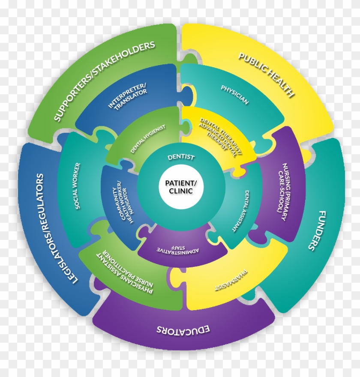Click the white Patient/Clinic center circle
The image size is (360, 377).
pos(181,187)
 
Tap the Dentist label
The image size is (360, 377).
pos(181,157)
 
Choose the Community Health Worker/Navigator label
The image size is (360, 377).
pos(122,202)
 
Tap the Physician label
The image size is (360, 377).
pos(234,95)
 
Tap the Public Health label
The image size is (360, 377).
pos(266,75)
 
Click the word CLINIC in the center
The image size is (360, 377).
pos(181,191)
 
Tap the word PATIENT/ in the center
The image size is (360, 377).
pos(181,183)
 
